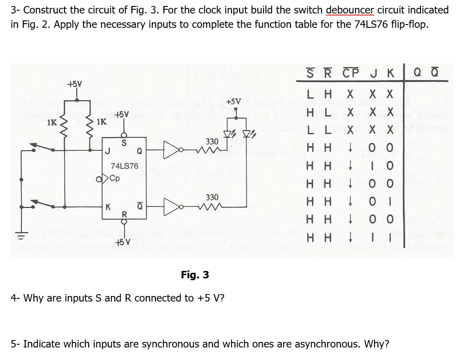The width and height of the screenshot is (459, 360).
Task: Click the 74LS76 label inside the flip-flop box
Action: (124, 166)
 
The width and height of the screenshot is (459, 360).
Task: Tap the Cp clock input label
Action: (115, 178)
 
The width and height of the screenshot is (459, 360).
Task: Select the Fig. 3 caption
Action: (195, 275)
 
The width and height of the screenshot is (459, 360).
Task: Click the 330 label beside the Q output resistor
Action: (213, 141)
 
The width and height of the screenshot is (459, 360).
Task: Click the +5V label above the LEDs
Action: (234, 102)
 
